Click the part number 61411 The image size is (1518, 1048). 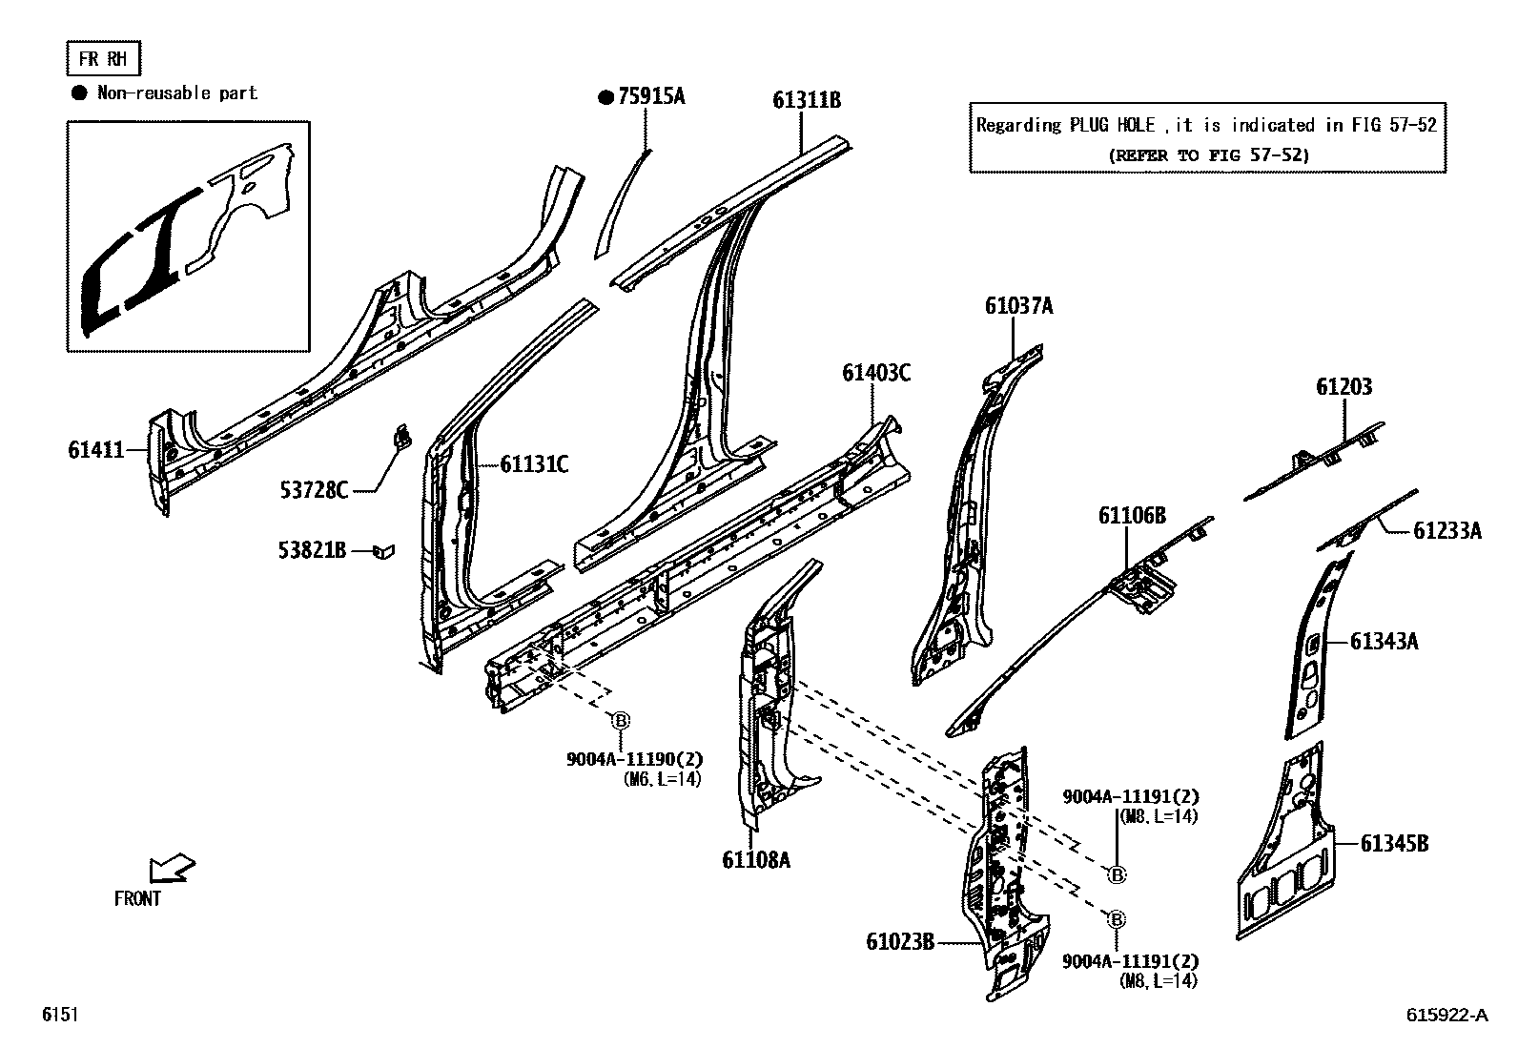tap(96, 449)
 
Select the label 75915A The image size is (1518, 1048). tap(651, 96)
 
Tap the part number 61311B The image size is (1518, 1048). tap(807, 100)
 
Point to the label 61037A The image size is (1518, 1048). tap(1018, 306)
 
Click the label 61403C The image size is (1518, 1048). tap(875, 373)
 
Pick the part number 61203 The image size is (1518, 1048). tap(1344, 387)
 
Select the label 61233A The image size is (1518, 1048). tap(1446, 531)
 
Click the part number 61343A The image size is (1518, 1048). tap(1384, 642)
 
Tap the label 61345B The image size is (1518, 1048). tap(1394, 844)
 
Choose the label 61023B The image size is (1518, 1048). tap(900, 942)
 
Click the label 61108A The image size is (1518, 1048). tap(756, 860)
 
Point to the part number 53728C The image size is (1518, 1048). tap(314, 490)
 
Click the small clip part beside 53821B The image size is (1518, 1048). tap(383, 550)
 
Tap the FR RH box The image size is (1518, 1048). tap(103, 59)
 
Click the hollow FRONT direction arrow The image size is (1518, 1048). tap(172, 869)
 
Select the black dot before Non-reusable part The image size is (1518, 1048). tap(80, 92)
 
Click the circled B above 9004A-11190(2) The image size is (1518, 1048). tap(620, 721)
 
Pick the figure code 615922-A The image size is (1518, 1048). tap(1446, 1016)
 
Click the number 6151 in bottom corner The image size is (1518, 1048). tap(58, 1016)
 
